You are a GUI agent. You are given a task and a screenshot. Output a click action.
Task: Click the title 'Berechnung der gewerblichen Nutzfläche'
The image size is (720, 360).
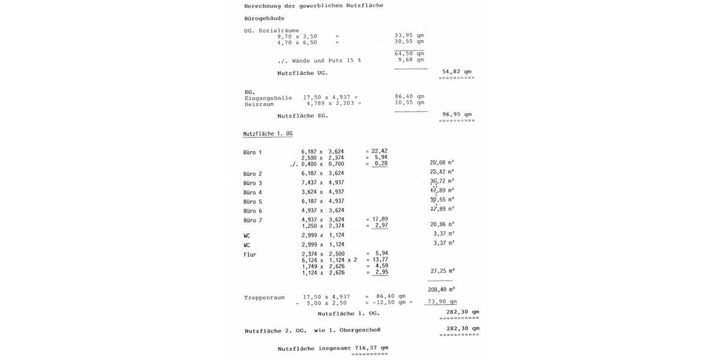313,6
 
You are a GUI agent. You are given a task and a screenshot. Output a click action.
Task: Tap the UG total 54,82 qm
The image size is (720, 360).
457,71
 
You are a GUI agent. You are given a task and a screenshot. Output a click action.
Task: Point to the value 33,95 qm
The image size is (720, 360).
409,35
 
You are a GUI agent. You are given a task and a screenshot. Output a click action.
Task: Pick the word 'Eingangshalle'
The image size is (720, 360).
268,98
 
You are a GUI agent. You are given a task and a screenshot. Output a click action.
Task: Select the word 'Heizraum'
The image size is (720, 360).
259,104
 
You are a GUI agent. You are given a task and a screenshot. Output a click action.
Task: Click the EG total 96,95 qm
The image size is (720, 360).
457,114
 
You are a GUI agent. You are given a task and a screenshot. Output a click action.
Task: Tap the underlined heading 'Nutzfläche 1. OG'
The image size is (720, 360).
268,134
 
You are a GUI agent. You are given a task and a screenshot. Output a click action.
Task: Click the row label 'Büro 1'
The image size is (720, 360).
253,152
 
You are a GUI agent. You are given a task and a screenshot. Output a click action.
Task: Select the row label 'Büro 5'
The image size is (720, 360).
253,202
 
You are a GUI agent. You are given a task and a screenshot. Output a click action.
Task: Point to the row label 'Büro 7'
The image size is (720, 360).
253,220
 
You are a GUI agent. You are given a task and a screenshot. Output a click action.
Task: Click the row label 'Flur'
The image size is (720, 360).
250,254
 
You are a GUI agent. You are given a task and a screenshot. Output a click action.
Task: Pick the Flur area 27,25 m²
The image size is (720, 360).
442,271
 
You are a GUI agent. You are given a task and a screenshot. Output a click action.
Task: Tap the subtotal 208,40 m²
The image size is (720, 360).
441,289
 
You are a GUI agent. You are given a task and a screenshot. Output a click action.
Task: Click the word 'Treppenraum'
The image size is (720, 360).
264,298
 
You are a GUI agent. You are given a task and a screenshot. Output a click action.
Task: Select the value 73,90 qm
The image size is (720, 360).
442,302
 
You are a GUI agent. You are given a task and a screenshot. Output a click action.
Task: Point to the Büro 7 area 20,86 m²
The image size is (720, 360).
442,224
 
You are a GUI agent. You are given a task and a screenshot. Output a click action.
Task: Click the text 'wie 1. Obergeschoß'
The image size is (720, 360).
347,330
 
